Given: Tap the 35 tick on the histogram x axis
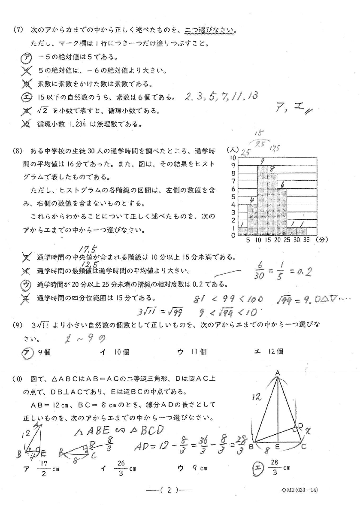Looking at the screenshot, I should (306, 240).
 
